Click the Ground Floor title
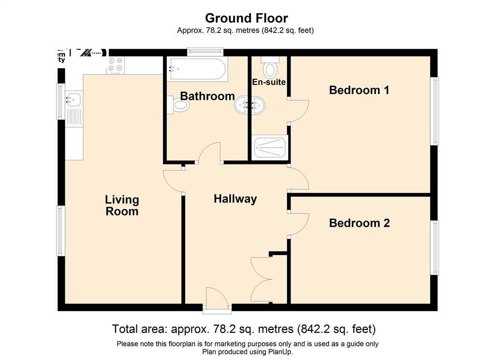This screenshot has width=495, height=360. pyautogui.click(x=247, y=18)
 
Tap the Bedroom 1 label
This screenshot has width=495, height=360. pyautogui.click(x=359, y=90)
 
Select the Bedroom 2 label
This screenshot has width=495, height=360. pyautogui.click(x=359, y=223)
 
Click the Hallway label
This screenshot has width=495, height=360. pyautogui.click(x=235, y=199)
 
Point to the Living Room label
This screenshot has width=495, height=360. pyautogui.click(x=122, y=206)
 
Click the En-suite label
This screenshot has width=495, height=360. pyautogui.click(x=269, y=82)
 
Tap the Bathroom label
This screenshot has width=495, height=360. pyautogui.click(x=208, y=96)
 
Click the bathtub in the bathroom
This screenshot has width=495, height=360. pyautogui.click(x=196, y=69)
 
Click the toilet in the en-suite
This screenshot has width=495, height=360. pyautogui.click(x=270, y=68)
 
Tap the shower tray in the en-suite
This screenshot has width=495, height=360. pyautogui.click(x=271, y=147)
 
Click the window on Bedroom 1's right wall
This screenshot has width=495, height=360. pyautogui.click(x=435, y=111)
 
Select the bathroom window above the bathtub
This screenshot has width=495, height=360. pyautogui.click(x=205, y=52)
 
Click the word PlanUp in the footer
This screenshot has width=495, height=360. pyautogui.click(x=280, y=352)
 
